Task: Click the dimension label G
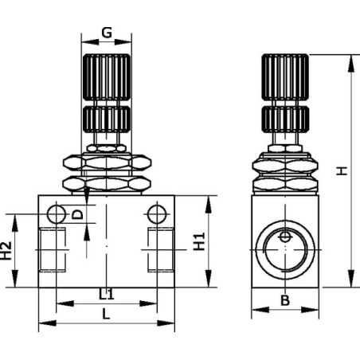pyautogui.click(x=107, y=33)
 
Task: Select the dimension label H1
pyautogui.click(x=199, y=241)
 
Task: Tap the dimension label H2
pyautogui.click(x=6, y=250)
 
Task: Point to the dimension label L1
pyautogui.click(x=107, y=294)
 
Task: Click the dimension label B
pyautogui.click(x=285, y=300)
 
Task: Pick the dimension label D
pyautogui.click(x=78, y=214)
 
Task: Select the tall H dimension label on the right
pyautogui.click(x=342, y=170)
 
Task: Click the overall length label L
pyautogui.click(x=106, y=315)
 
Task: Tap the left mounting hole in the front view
pyautogui.click(x=57, y=214)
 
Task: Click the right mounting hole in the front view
pyautogui.click(x=157, y=214)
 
